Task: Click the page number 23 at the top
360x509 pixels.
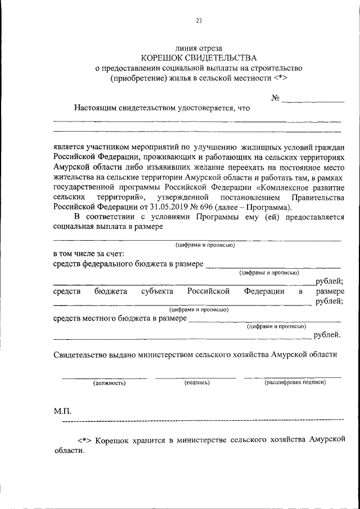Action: (x=199, y=21)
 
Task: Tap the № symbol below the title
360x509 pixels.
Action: (x=276, y=98)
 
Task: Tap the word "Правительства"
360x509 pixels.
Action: (x=317, y=197)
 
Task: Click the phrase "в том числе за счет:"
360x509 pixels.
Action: (x=88, y=254)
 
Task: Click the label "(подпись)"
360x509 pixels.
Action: (x=197, y=382)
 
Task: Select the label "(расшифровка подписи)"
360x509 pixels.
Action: (x=295, y=382)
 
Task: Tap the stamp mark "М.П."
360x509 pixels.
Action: (x=62, y=412)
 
